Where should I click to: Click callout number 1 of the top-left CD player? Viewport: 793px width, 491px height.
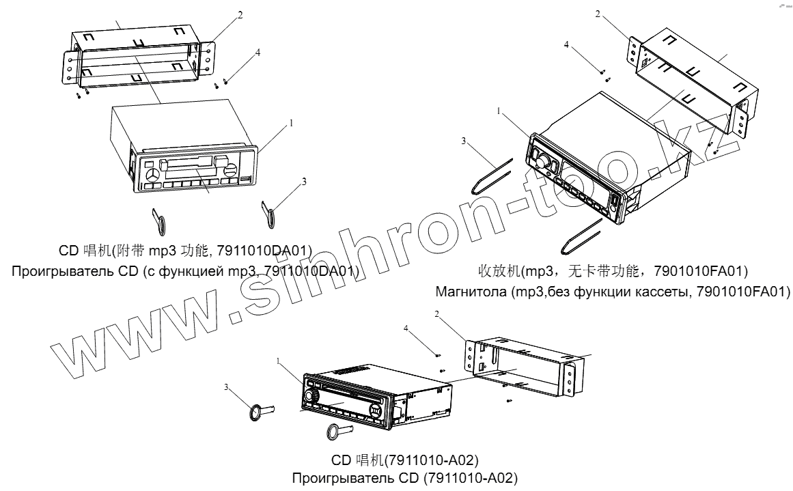tap(292, 124)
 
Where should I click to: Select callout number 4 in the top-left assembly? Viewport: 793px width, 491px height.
tap(258, 52)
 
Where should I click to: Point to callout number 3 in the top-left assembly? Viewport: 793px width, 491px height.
tap(305, 182)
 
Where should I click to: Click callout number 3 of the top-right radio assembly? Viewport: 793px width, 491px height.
tap(463, 141)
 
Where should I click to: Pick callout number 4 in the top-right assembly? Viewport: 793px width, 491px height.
tap(566, 44)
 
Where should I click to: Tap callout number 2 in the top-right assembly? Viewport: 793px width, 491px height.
tap(598, 14)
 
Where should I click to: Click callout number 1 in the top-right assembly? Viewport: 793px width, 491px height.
tap(499, 110)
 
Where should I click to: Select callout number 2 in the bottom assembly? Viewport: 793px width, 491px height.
tap(437, 314)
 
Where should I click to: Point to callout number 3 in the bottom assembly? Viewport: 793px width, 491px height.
tap(226, 387)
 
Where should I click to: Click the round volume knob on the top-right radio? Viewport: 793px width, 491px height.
tap(543, 161)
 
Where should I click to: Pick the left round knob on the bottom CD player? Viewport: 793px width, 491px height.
tap(313, 396)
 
